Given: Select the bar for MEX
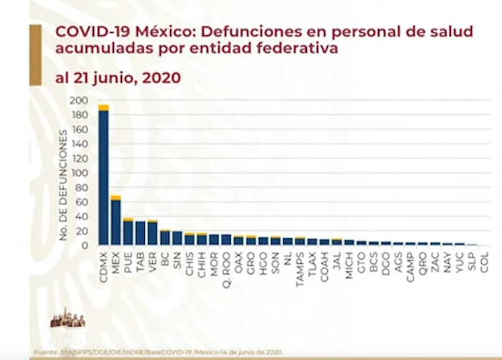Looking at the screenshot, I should click(x=116, y=222).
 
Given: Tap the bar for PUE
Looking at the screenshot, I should click(x=128, y=232).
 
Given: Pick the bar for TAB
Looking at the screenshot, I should click(x=141, y=233).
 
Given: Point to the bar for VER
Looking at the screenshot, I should click(x=153, y=234).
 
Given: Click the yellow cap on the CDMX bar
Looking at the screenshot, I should click(x=104, y=107).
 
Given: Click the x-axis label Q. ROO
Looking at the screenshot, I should click(x=226, y=265).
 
